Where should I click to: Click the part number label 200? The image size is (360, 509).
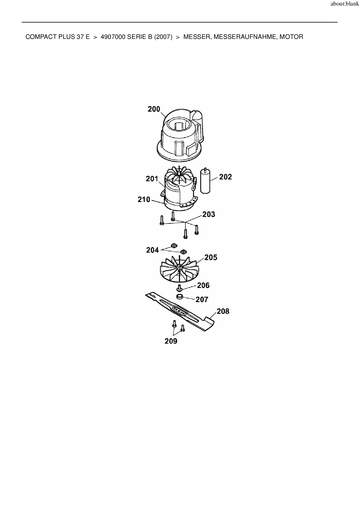[154, 109]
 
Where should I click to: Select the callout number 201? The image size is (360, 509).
[152, 179]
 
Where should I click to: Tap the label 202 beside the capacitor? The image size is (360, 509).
[226, 177]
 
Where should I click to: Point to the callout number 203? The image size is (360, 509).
[209, 214]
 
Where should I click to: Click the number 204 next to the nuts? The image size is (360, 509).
[152, 250]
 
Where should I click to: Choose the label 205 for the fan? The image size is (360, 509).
[211, 257]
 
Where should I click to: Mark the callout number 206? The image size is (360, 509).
[203, 285]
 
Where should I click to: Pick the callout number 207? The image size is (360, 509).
[202, 299]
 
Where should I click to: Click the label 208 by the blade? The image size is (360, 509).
[223, 311]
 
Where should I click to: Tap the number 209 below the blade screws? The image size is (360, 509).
[171, 341]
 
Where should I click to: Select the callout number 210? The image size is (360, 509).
[144, 200]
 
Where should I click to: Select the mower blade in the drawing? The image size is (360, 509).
[180, 312]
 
